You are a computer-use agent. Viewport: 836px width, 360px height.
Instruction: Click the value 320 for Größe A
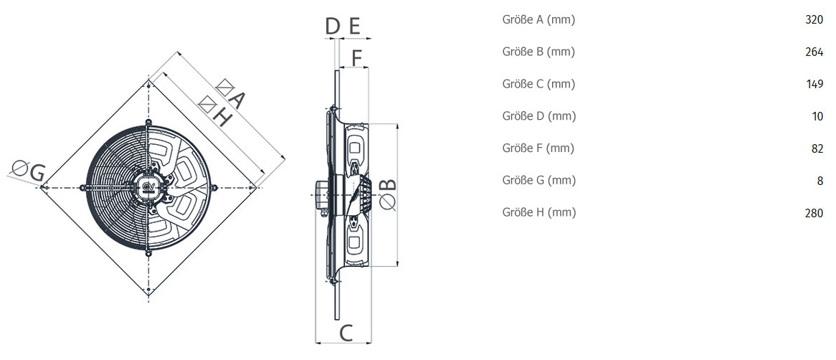[x=814, y=20]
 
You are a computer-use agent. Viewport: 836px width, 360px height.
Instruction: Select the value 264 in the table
[x=814, y=52]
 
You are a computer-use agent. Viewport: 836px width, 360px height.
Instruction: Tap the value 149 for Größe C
[x=814, y=85]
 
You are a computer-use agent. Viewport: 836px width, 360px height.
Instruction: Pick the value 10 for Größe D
[x=818, y=116]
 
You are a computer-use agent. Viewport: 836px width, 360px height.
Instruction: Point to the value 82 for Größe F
[x=817, y=148]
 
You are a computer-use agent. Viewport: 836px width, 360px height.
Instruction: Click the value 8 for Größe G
[x=820, y=181]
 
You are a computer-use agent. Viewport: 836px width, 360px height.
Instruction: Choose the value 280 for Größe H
[x=814, y=213]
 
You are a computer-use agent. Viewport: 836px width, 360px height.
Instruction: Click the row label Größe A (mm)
[x=538, y=20]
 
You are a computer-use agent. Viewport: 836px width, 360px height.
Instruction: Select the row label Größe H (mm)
[x=539, y=212]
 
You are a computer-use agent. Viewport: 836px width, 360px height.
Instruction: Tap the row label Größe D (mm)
[x=539, y=116]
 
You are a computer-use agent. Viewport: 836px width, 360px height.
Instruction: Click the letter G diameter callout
[x=37, y=173]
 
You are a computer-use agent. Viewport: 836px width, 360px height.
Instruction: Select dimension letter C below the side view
[x=346, y=333]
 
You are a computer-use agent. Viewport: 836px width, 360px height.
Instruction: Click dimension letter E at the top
[x=355, y=26]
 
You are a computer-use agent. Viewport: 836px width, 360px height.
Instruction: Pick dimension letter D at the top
[x=333, y=26]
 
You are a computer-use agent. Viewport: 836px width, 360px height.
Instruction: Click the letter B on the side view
[x=389, y=184]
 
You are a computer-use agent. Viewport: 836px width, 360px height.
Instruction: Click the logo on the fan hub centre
[x=148, y=186]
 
